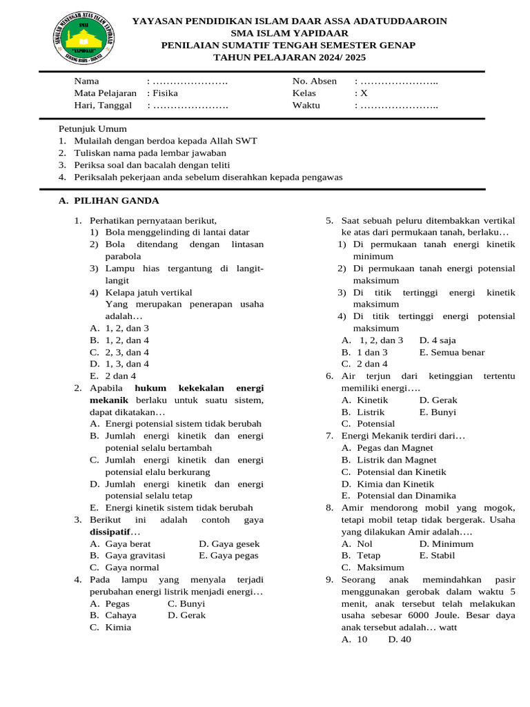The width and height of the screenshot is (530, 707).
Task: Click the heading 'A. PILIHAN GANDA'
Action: pos(109,201)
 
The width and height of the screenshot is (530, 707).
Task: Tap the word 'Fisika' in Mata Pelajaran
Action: pos(165,93)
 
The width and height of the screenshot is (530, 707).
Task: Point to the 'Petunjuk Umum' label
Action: pos(92,128)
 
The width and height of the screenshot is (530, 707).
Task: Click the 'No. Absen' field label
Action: pos(315,81)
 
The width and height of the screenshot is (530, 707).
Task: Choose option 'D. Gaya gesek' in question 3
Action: pos(229,543)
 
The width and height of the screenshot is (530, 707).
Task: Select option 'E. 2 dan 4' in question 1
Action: pos(113,376)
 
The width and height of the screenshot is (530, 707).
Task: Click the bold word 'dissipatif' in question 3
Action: pos(110,532)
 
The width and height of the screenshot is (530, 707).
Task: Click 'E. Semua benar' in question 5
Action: pos(452,352)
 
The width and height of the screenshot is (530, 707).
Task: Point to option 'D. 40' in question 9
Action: pos(400,639)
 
